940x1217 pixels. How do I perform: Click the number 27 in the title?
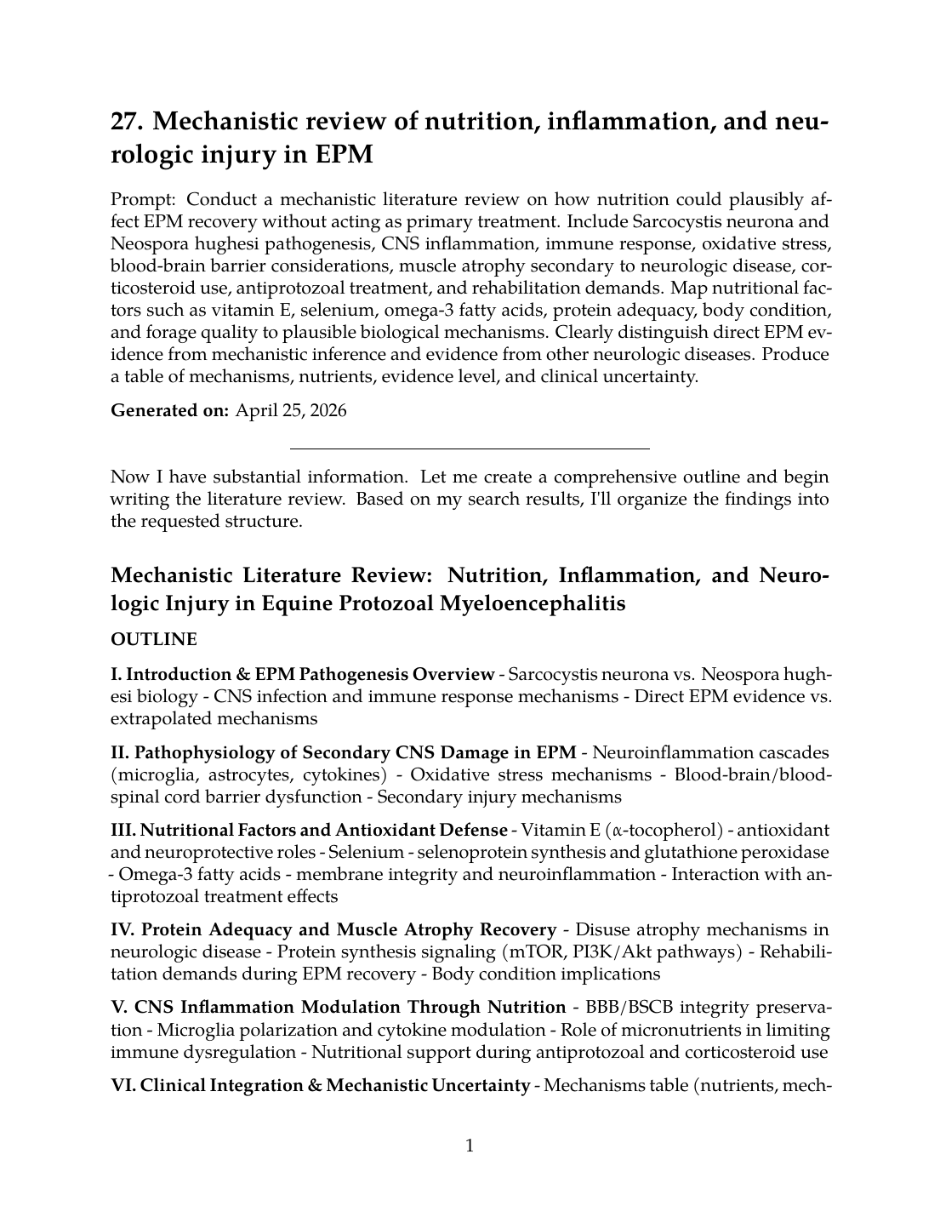(126, 122)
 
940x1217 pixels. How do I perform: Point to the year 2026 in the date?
(328, 410)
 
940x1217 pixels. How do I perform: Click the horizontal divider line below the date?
(470, 448)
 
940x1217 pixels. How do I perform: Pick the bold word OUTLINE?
(154, 639)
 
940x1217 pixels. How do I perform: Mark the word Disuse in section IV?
(601, 929)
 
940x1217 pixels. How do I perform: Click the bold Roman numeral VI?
(122, 1085)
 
